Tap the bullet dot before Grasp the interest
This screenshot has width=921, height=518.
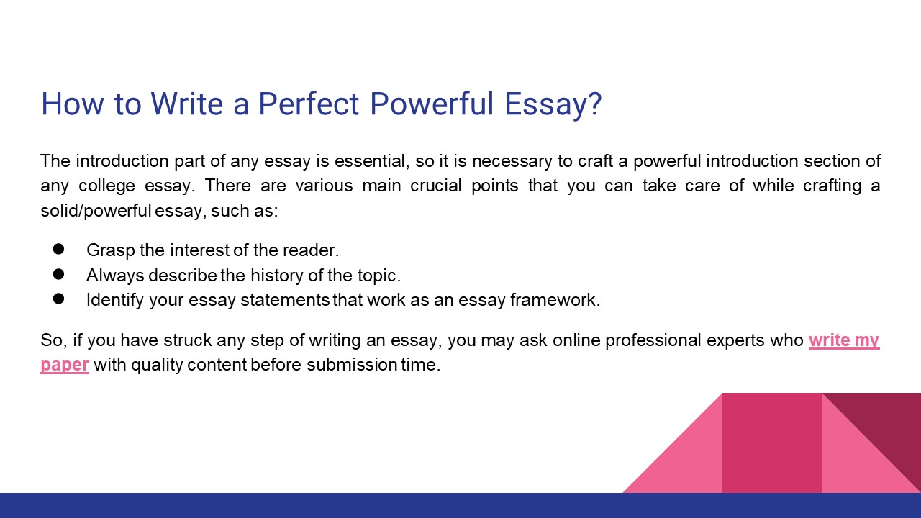[x=59, y=250]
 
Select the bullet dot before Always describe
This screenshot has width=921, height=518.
[x=59, y=274]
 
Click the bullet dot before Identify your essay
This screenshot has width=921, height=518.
[x=59, y=299]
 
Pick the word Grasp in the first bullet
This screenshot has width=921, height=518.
[x=107, y=250]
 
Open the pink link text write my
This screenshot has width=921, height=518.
[x=843, y=340]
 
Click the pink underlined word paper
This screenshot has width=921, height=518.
[x=65, y=365]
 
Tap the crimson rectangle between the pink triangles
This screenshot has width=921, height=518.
[x=771, y=442]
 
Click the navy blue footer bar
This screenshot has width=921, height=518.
[x=460, y=505]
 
